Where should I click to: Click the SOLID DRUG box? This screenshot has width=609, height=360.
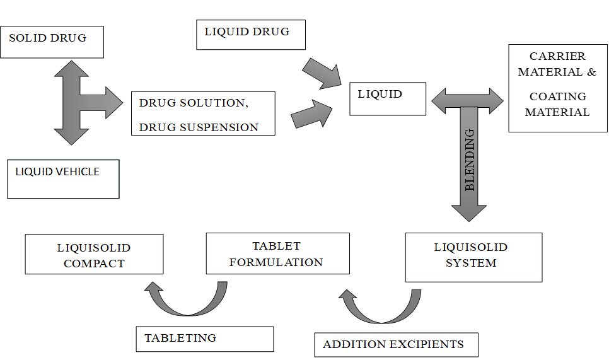[52, 42]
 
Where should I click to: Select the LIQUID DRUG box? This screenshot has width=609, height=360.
[250, 34]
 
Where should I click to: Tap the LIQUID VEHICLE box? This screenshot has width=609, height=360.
[63, 179]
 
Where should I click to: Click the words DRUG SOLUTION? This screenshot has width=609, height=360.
[190, 103]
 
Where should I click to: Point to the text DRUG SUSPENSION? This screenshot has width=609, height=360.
[199, 127]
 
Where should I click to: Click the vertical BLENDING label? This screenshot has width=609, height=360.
[470, 160]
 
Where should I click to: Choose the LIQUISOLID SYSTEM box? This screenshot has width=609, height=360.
[471, 255]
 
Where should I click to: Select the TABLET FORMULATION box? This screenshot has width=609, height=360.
[276, 253]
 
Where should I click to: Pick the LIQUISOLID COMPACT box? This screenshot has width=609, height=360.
[94, 255]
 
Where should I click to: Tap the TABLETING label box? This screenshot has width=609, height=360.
[204, 339]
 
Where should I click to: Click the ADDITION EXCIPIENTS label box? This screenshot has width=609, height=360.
[396, 345]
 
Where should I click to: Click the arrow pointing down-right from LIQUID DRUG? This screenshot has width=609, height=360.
[322, 73]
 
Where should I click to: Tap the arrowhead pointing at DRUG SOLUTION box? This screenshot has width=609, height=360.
[114, 103]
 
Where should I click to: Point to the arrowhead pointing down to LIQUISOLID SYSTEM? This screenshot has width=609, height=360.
[469, 212]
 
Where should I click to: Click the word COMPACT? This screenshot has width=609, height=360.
[94, 264]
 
